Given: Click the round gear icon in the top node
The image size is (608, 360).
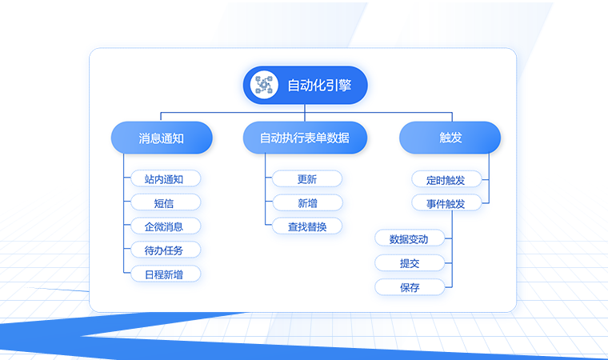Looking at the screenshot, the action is [264, 85].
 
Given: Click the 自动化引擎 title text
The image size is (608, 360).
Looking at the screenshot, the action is [319, 85].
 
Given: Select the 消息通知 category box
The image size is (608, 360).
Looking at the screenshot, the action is [162, 138].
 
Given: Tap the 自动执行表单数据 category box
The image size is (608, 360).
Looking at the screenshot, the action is [305, 138].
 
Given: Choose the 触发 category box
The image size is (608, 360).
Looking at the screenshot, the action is [450, 138].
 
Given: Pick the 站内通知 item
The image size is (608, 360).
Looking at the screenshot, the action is [166, 178].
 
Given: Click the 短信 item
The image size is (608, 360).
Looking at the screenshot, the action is [166, 202].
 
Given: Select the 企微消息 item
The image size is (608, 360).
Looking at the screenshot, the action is [166, 226].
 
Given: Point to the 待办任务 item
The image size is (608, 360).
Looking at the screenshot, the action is [166, 250].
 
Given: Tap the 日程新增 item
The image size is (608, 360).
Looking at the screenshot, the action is [166, 274].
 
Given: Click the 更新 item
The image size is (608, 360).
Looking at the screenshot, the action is [307, 179].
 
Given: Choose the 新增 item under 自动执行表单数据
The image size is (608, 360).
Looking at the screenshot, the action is [307, 203].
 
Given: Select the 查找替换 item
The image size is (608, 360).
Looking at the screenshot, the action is [307, 226].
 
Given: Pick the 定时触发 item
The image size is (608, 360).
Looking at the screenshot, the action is [446, 180].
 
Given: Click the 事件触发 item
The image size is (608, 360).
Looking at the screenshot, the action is [446, 203].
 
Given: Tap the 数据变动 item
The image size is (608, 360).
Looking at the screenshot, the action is [410, 238].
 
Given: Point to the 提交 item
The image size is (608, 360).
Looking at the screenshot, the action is [410, 263].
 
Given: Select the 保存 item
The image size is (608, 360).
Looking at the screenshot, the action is [410, 287].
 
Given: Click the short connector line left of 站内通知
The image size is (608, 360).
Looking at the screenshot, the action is [127, 178].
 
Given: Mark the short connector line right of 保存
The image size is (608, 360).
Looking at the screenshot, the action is [448, 287].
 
